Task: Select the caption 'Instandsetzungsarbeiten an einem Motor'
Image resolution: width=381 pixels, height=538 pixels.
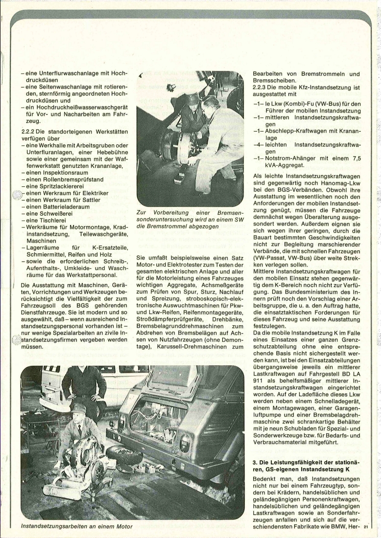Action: [77, 526]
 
